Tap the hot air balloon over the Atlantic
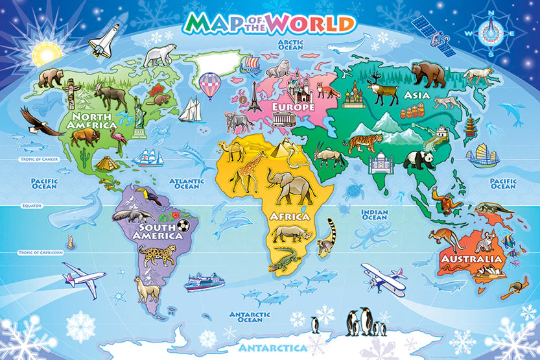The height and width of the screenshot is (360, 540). coord(209,86)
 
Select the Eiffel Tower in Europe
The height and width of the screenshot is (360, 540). coord(255,98)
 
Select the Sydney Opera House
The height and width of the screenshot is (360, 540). coord(486,275)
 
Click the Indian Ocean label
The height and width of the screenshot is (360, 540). coord(374,215)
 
